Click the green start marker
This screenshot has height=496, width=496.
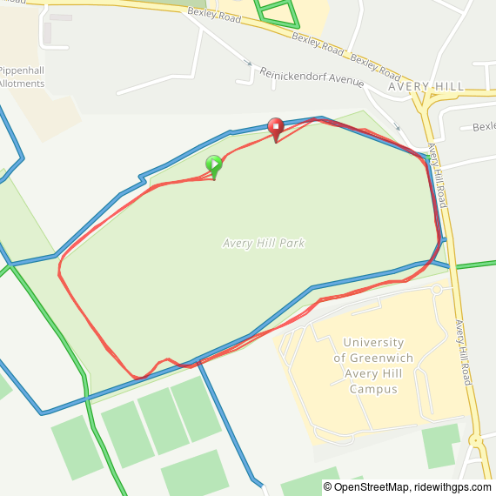213,164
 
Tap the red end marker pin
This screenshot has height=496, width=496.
276,127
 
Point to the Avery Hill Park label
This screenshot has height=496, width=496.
264,244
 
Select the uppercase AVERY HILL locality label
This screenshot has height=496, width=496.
426,87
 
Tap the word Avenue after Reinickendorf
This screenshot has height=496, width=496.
347,82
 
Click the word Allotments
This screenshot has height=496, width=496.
23,84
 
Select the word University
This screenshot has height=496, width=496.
373,343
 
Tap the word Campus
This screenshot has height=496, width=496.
373,389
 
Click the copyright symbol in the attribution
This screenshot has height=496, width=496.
329,487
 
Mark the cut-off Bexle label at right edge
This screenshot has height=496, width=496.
483,127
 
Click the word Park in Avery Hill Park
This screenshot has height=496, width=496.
292,244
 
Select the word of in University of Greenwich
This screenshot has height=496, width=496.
341,358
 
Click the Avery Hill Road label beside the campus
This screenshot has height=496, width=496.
463,352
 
